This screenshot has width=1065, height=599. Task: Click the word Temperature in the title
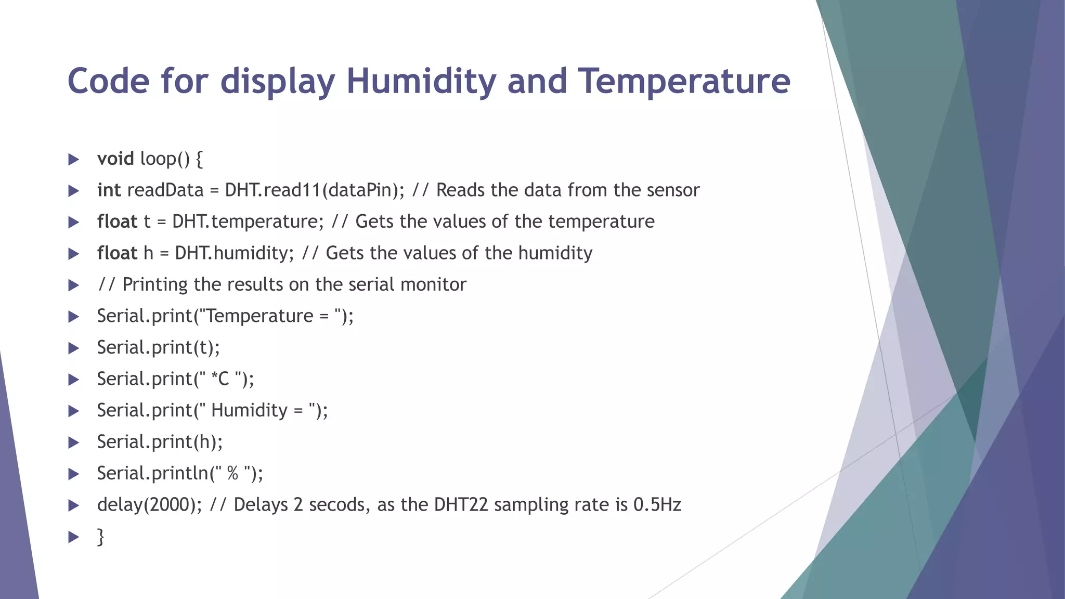684,81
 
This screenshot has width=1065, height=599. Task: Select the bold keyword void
115,159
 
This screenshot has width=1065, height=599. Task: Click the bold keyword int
109,190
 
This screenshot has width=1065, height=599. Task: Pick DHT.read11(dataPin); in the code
314,190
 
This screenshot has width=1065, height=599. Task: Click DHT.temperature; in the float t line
248,222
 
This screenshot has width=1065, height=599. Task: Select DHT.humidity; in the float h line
234,253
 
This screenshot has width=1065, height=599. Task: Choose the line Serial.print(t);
158,347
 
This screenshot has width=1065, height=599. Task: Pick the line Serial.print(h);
160,442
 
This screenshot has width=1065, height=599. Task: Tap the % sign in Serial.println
232,473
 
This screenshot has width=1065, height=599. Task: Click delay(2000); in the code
149,505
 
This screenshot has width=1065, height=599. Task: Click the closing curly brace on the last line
100,537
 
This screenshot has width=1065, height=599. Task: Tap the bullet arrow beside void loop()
73,159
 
